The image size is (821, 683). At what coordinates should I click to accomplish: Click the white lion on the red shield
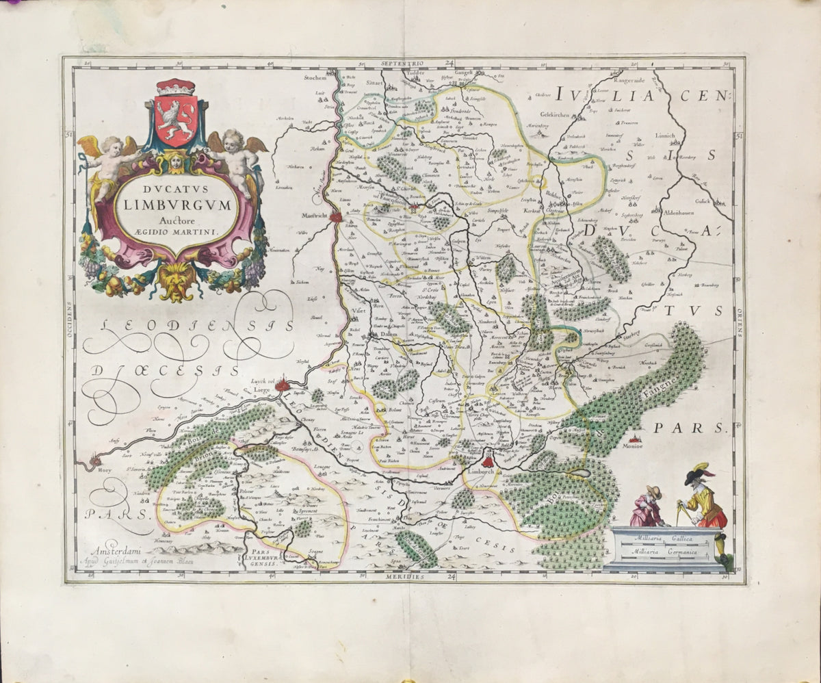[176, 114]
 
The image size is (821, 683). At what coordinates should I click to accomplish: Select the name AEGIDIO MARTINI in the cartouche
[180, 232]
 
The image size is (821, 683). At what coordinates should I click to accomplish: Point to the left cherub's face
[112, 146]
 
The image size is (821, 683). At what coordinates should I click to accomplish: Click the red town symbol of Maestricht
[336, 217]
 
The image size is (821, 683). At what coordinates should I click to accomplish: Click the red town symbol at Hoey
[90, 464]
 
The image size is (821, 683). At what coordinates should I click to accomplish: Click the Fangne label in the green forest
[658, 387]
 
